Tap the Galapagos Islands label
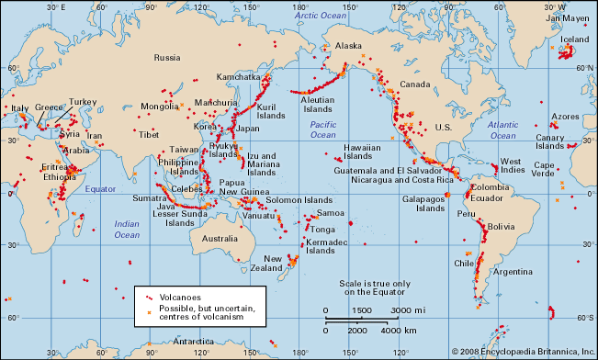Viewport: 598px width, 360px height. point(424,203)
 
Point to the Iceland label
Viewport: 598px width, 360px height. point(574,40)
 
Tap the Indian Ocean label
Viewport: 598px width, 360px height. point(127,229)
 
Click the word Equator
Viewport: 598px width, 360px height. point(102,188)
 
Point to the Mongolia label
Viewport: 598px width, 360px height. point(158,107)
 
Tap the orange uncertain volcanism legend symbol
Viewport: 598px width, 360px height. point(147,309)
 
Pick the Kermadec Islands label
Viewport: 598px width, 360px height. point(326,245)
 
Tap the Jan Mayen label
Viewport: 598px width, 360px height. point(568,17)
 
